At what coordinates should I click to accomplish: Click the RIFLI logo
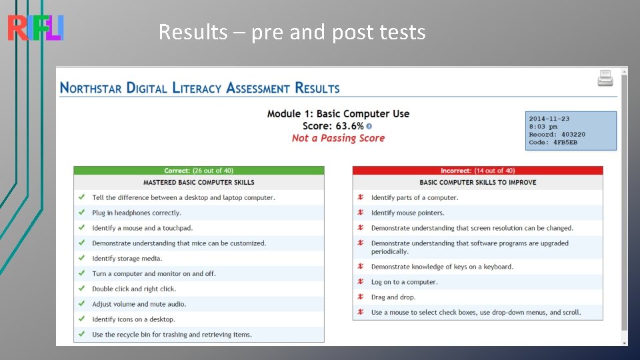(35, 28)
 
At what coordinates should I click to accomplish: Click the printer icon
(605, 78)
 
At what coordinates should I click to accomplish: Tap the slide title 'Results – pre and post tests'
(292, 32)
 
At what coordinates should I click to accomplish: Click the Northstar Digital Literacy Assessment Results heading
(199, 88)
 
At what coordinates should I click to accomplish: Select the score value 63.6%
(349, 126)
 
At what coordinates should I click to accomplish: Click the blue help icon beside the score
(369, 126)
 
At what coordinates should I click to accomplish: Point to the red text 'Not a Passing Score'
(338, 138)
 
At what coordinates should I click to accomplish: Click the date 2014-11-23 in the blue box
(549, 119)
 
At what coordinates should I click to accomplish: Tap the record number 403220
(572, 135)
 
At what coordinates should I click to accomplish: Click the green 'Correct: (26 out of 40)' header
(199, 171)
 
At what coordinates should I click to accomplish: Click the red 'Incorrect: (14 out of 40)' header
(477, 171)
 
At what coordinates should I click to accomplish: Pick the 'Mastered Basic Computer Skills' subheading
(199, 182)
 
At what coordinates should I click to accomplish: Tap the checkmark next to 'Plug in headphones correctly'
(81, 213)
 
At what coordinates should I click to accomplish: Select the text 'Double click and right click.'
(134, 289)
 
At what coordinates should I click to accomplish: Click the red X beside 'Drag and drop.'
(361, 297)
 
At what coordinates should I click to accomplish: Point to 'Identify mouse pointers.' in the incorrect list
(407, 213)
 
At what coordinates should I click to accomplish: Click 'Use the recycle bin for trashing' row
(172, 335)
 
